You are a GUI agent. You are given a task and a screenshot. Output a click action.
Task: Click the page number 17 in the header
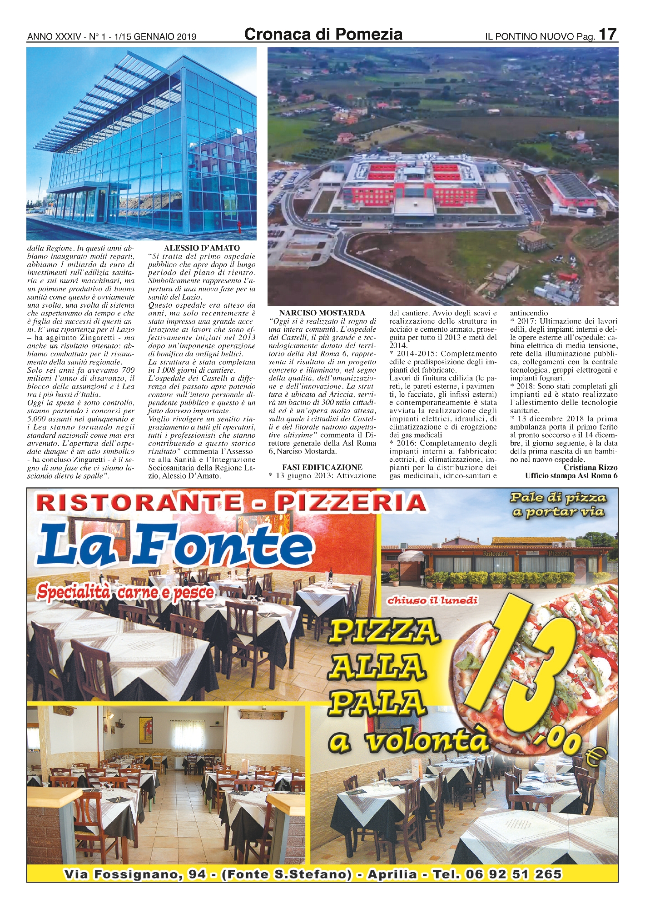607,34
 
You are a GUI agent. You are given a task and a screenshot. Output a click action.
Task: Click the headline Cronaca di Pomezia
323,34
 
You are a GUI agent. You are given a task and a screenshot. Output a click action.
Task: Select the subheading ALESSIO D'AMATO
202,248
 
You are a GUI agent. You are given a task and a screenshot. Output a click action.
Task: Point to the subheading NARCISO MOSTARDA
322,313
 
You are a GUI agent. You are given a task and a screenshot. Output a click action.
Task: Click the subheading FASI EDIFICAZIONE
322,467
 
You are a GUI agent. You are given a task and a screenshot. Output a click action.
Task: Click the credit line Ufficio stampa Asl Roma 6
571,475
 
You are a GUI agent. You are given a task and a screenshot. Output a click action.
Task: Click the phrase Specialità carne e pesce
125,592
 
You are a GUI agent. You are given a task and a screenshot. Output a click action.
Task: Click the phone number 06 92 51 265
514,874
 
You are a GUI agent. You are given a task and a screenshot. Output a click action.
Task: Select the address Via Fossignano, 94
135,874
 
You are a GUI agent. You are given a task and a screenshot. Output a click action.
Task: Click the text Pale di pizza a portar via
558,504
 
